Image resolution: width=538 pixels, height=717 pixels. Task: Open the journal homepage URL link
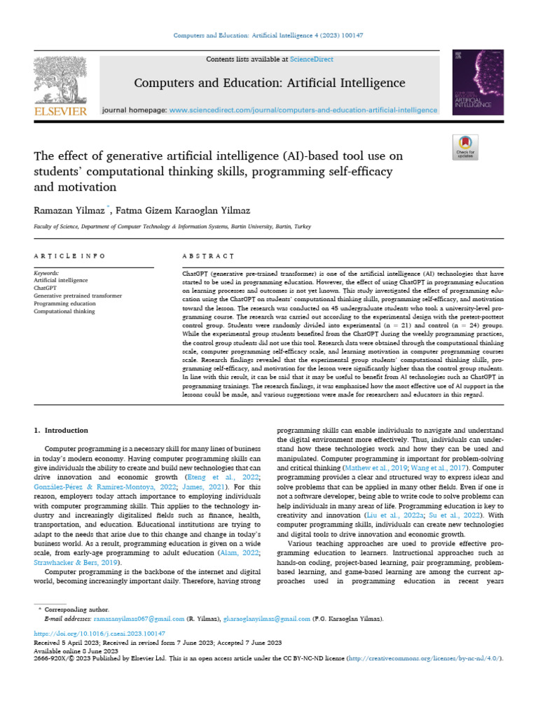point(303,110)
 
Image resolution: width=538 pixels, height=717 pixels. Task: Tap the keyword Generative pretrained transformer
point(78,296)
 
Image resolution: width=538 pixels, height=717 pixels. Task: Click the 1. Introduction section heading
point(62,430)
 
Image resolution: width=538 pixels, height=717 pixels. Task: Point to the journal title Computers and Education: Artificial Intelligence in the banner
point(269,83)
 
